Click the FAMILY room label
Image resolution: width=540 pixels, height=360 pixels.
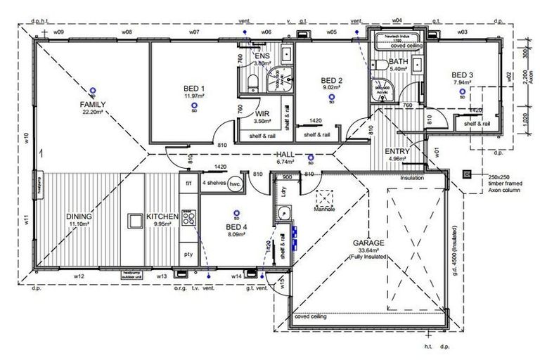[92, 103]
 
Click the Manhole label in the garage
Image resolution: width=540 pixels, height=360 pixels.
[324, 209]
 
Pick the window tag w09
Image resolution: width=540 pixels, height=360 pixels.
[59, 32]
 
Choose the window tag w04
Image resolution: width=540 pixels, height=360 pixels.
[397, 21]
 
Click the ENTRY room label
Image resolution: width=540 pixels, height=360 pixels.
[397, 151]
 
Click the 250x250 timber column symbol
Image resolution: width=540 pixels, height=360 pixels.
[465, 174]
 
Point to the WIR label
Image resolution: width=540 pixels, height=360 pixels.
[263, 112]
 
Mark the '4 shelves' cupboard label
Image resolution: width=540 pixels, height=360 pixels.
[214, 183]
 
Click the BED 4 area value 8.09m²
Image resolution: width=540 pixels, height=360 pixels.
[236, 235]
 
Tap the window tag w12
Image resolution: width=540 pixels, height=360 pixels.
[78, 276]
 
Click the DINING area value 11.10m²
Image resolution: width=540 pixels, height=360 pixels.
[79, 224]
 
